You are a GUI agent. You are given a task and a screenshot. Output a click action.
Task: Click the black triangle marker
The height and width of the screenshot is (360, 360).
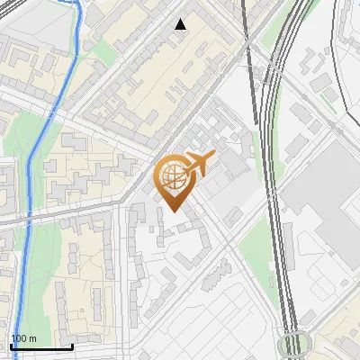[x=181, y=24]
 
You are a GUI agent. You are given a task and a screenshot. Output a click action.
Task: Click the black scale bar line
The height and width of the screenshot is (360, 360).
[x=41, y=346]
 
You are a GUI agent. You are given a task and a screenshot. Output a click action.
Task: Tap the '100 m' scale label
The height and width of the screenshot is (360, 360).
[x=22, y=338]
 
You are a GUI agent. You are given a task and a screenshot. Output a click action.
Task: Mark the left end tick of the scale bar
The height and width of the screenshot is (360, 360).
[x=11, y=345]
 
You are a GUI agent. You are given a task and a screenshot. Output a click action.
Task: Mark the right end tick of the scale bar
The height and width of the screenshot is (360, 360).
[x=72, y=345]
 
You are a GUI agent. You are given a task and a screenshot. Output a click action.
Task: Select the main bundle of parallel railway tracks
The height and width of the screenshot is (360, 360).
[x=279, y=180]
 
